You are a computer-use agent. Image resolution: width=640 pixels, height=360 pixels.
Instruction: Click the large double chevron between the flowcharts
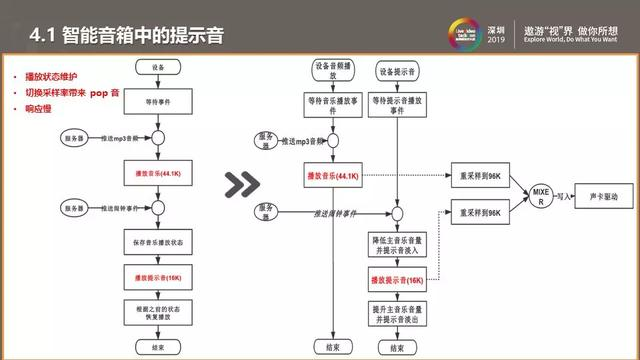242,184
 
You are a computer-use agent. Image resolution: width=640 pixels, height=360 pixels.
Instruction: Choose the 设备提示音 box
397,73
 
